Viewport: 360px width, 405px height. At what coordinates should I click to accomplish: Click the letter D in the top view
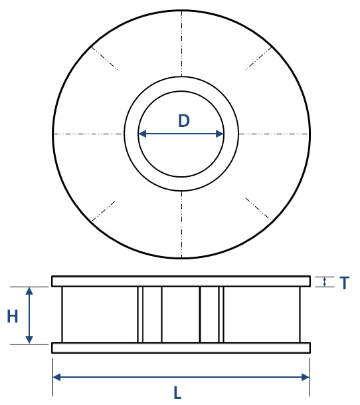184,121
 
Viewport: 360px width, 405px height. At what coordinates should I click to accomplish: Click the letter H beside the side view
13,317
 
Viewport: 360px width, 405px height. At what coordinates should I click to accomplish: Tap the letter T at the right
344,283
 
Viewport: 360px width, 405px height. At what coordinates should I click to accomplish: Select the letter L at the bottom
177,393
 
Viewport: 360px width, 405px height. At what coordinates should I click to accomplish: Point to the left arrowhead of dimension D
141,134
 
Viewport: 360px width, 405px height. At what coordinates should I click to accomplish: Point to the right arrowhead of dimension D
220,134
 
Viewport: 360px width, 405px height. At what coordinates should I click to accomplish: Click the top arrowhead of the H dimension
29,291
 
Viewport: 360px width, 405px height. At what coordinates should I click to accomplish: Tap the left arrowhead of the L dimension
56,377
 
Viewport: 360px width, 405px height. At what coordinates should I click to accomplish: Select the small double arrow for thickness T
324,282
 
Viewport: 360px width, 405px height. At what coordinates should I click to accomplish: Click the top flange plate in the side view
181,281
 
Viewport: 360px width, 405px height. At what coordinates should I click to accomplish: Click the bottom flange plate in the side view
181,348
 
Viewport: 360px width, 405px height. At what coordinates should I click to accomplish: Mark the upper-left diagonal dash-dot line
104,58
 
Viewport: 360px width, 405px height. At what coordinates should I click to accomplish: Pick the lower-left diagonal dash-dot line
104,210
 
